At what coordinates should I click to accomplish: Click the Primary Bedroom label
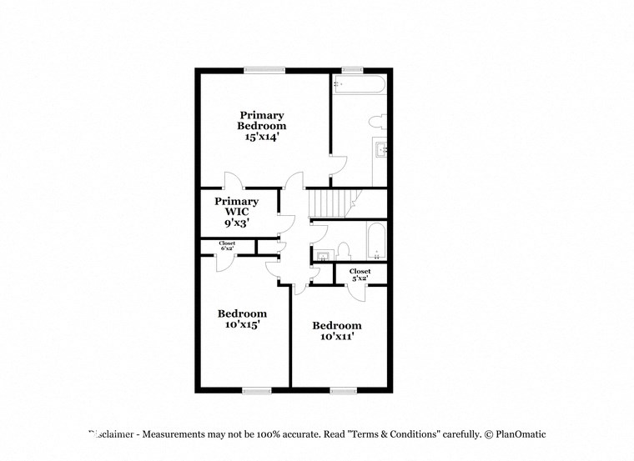pos(262,120)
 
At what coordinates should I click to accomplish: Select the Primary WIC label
pos(236,207)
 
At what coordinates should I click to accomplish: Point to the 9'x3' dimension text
pos(236,223)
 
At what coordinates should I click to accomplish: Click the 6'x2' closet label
pos(227,246)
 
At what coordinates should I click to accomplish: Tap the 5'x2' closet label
pos(360,274)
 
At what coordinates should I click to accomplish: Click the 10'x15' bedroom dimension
pos(242,325)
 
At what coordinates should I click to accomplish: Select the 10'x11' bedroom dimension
pos(337,337)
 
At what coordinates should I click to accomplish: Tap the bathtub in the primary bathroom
pos(359,84)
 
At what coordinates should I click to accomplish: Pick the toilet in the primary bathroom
pos(377,122)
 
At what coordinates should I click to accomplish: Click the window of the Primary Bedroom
pos(262,69)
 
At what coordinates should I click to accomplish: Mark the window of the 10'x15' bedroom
pos(257,389)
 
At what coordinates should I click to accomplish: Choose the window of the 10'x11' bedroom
pos(343,389)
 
